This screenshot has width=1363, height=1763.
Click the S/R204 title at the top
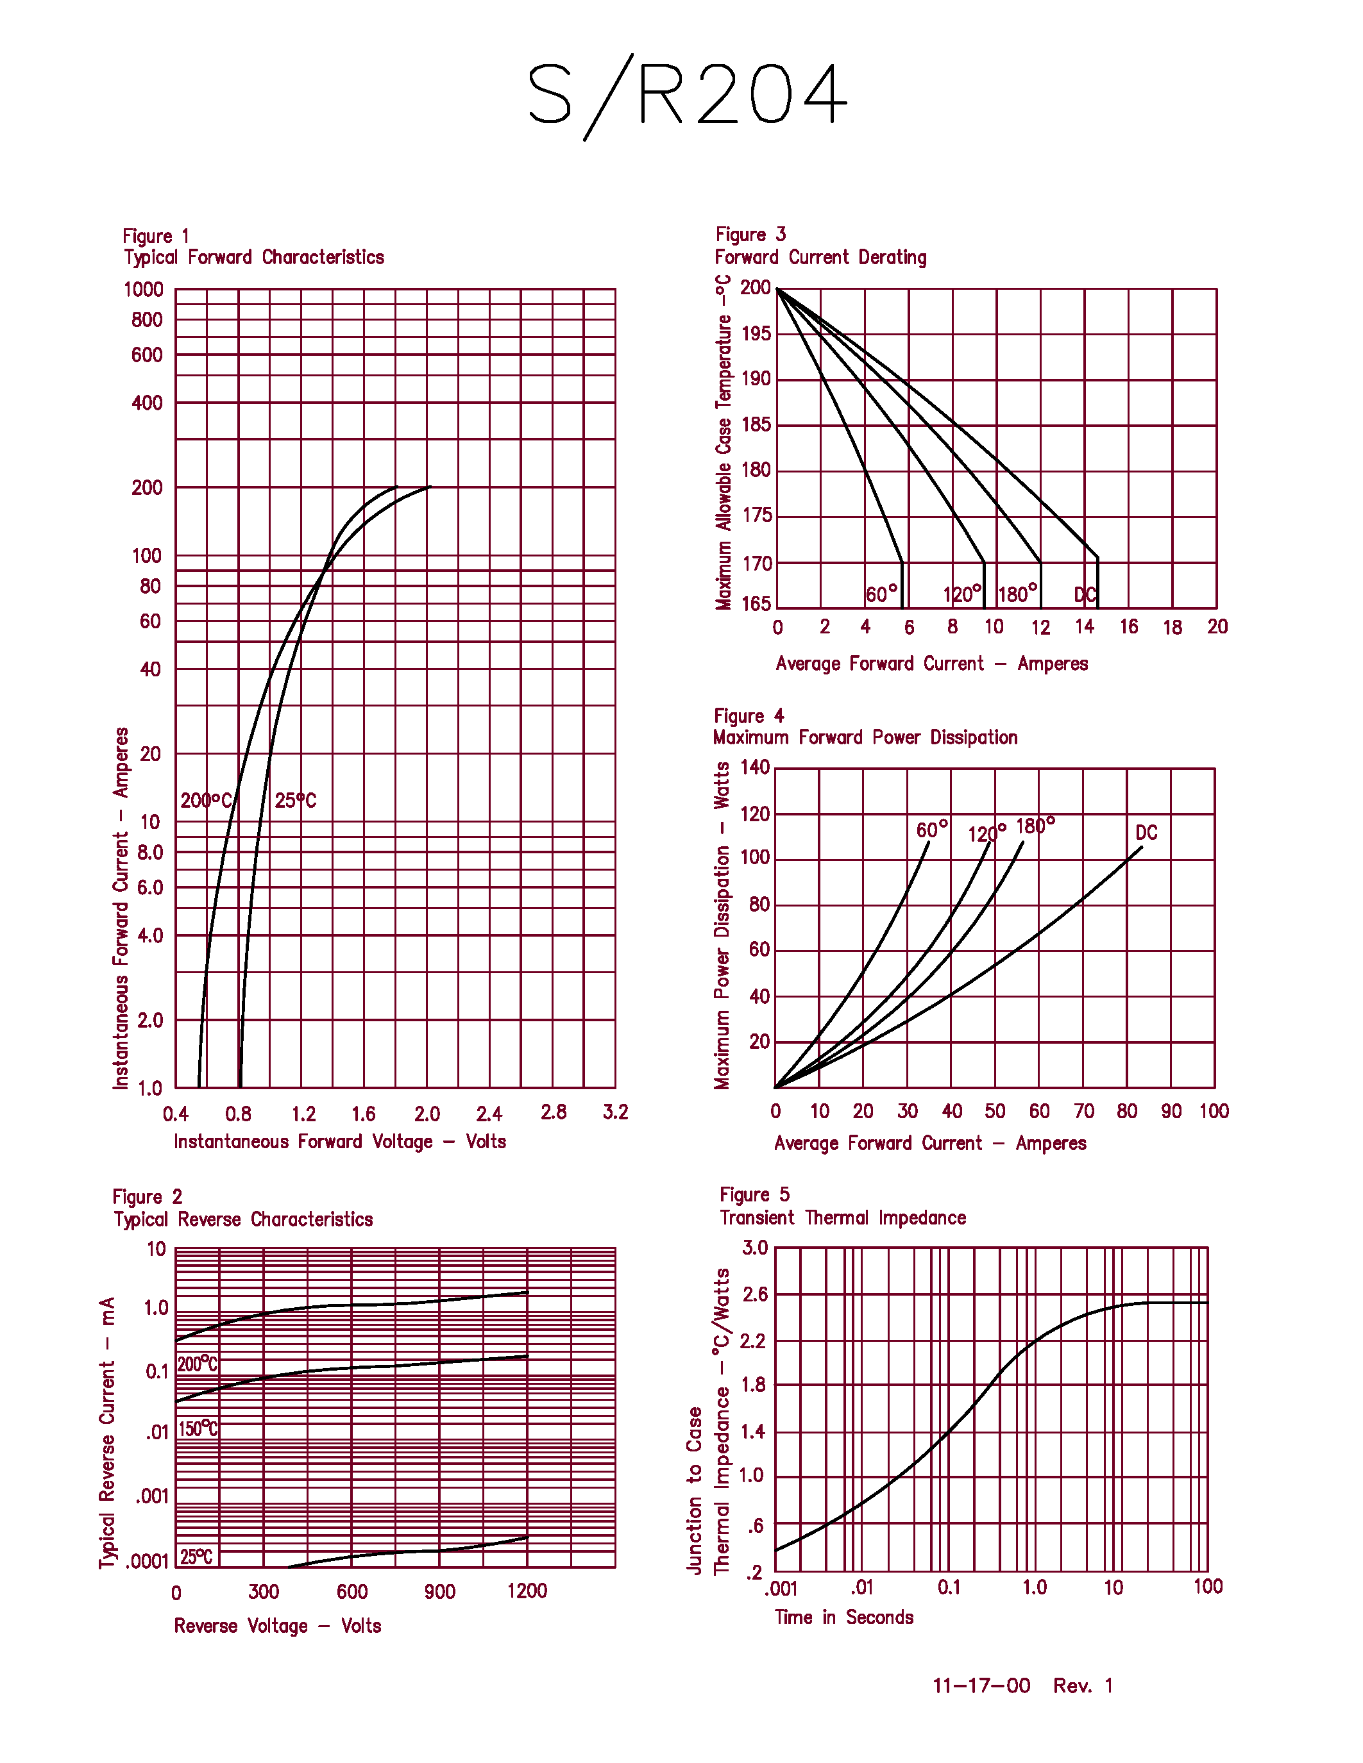tap(686, 96)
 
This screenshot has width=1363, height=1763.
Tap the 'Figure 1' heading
tap(156, 236)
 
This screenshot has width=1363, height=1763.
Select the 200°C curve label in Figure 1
tap(206, 801)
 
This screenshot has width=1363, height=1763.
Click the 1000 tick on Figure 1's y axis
tap(144, 290)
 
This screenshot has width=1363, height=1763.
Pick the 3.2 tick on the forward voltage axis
tap(615, 1112)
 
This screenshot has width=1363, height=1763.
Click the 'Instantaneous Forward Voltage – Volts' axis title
tap(340, 1141)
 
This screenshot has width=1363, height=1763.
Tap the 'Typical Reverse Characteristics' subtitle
tap(243, 1219)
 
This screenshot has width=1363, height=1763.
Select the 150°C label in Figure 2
tap(198, 1429)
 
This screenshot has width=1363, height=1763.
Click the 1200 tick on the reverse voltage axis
tap(527, 1591)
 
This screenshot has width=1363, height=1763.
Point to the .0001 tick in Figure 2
tap(147, 1561)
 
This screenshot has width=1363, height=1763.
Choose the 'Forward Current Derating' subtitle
tap(820, 258)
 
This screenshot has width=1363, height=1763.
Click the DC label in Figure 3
tap(1085, 595)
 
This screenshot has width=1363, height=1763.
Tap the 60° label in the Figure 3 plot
tap(881, 594)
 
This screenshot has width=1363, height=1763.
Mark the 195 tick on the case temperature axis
tap(756, 333)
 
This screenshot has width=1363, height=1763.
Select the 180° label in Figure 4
tap(1035, 826)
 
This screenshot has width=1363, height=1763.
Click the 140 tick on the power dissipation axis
tap(755, 767)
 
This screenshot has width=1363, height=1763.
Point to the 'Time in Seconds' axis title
tap(844, 1617)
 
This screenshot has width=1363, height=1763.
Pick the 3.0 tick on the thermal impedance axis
tap(755, 1248)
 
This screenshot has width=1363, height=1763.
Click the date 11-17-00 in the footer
tap(981, 1685)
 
